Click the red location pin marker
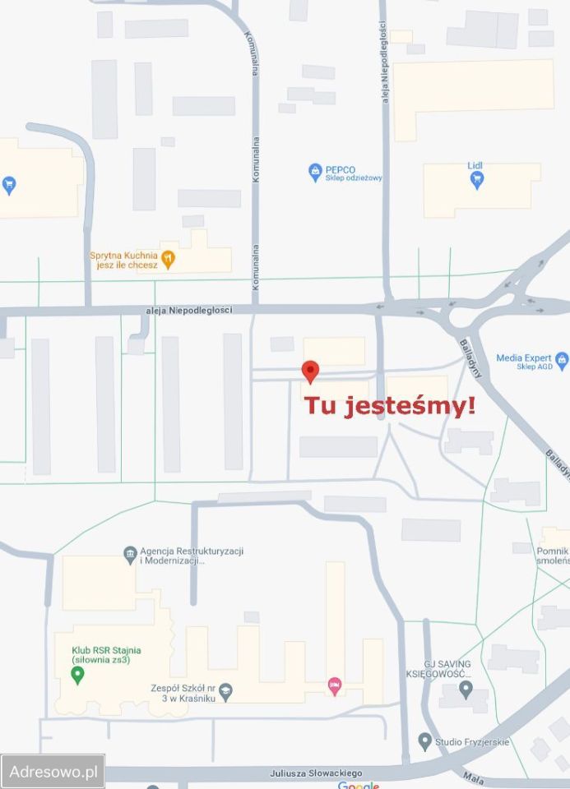coord(310,371)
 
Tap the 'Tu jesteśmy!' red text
coord(390,405)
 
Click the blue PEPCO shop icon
coord(314,172)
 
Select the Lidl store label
coord(475,166)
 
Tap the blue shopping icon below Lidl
coord(476,180)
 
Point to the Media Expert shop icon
coord(563,360)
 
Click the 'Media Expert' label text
coord(525,358)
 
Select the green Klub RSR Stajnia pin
coord(78,676)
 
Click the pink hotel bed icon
coord(334,685)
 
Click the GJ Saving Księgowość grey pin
coord(466,688)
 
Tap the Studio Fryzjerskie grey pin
coord(424,742)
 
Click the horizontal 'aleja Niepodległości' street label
coord(188,310)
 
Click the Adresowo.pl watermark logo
coord(53,772)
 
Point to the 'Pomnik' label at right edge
coord(555,551)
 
